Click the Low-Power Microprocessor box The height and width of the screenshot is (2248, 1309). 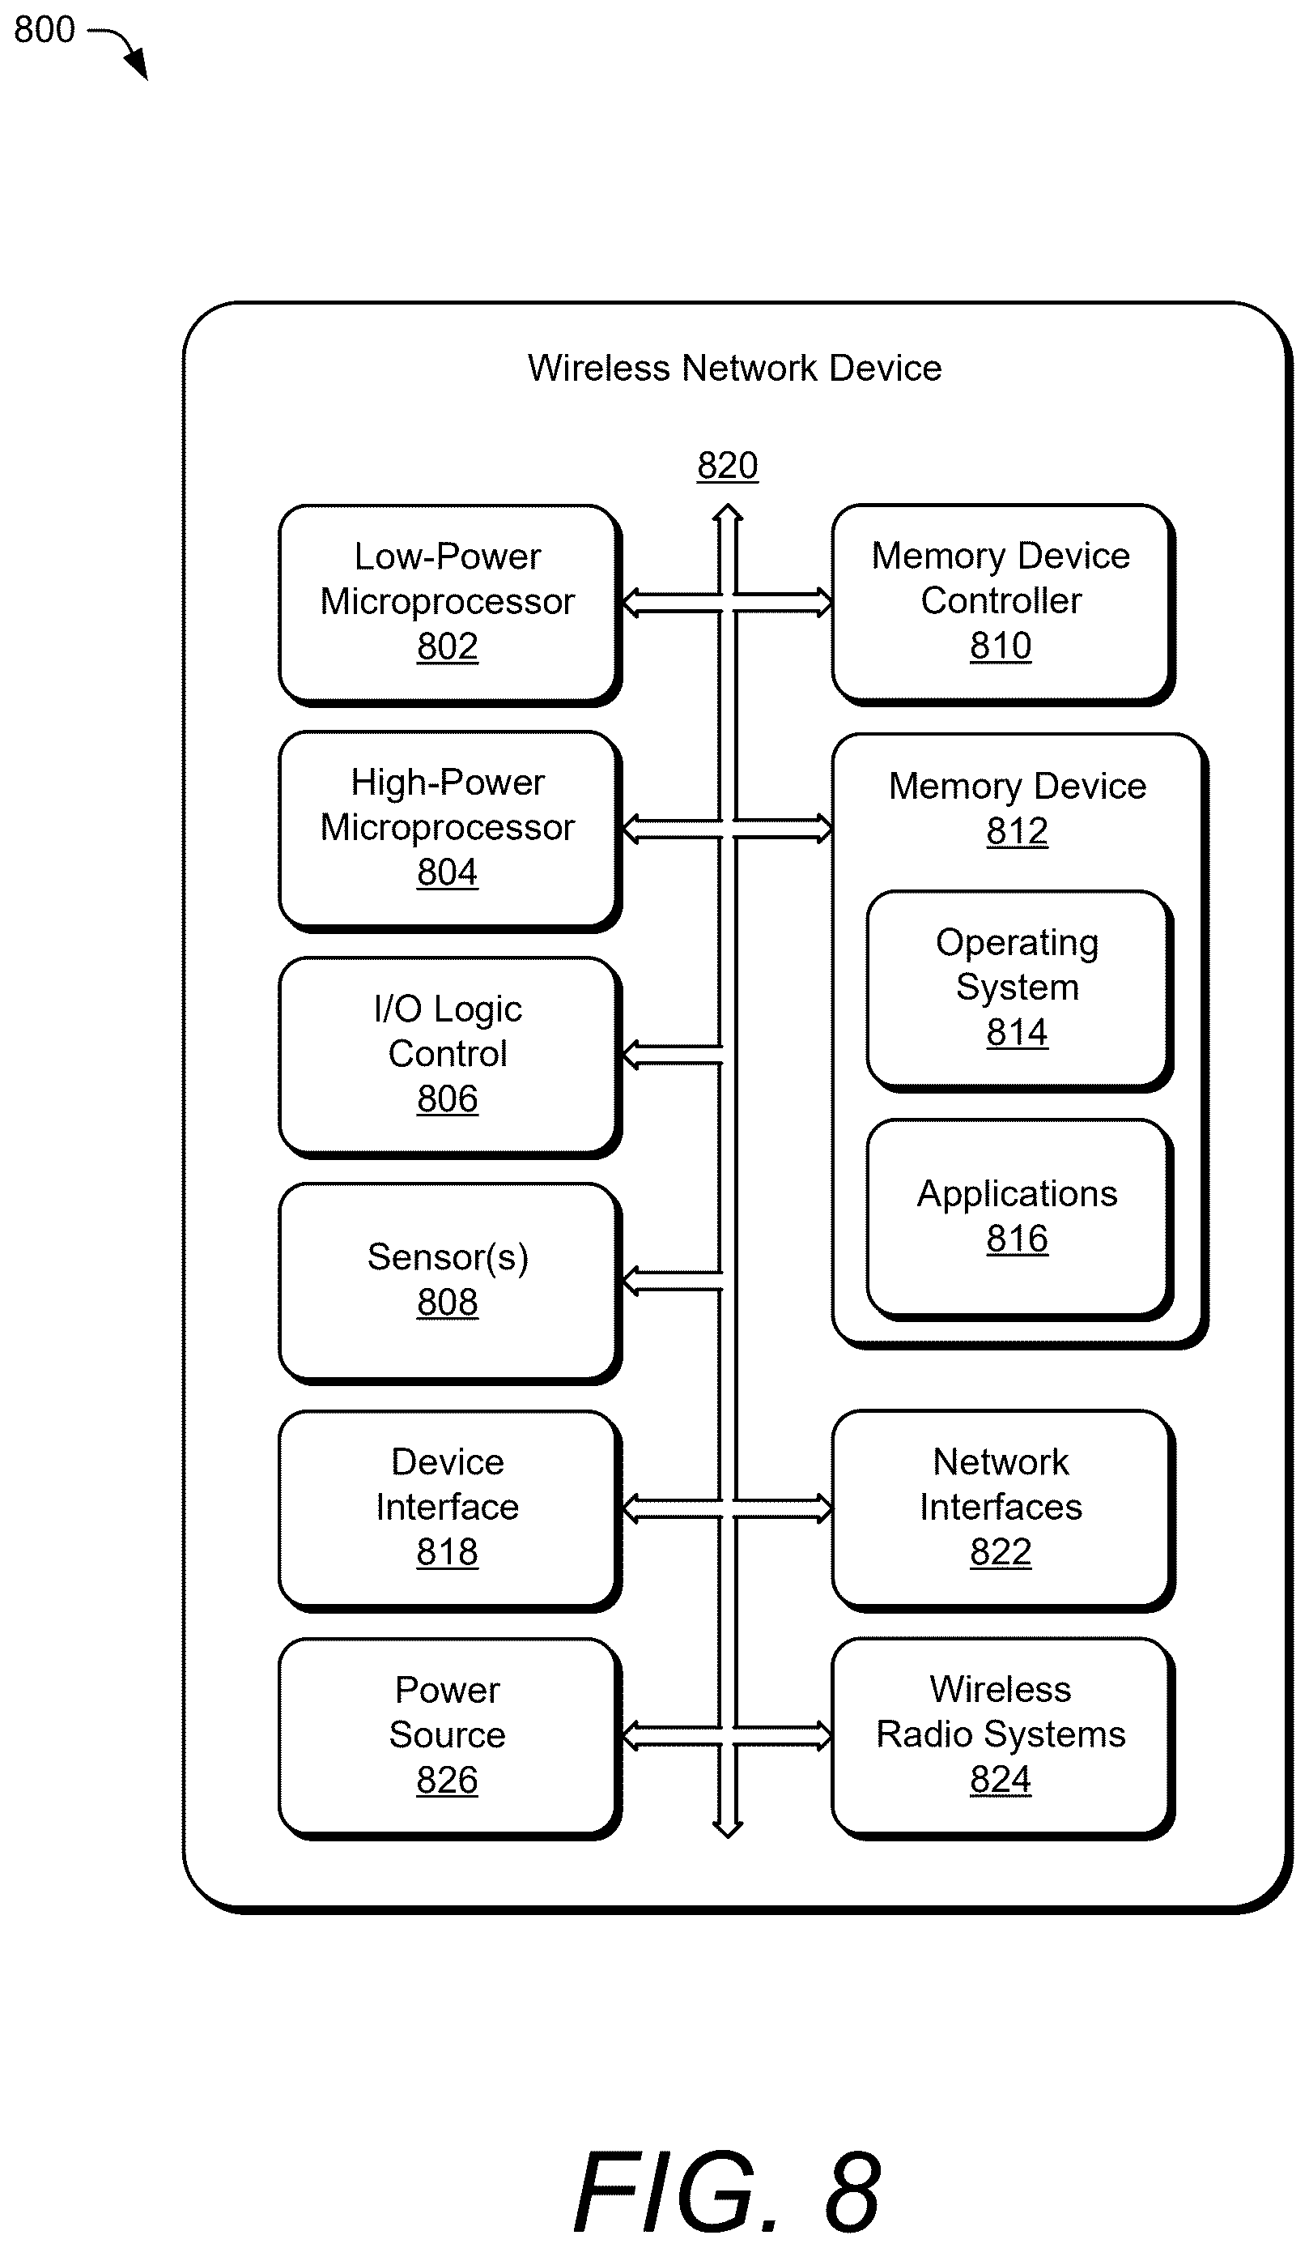[x=449, y=604]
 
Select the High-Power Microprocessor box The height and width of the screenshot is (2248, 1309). [x=449, y=830]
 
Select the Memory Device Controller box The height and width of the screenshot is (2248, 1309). [x=1002, y=604]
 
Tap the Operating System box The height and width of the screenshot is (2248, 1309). [x=1018, y=990]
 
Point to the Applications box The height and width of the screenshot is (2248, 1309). [x=1018, y=1218]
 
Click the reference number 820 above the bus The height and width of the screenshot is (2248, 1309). [x=728, y=465]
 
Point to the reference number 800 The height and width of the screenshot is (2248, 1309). [x=45, y=29]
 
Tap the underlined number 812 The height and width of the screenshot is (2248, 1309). [x=1018, y=830]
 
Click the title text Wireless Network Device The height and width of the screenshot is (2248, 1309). [x=735, y=368]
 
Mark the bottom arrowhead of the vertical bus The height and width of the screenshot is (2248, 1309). [x=728, y=1828]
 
